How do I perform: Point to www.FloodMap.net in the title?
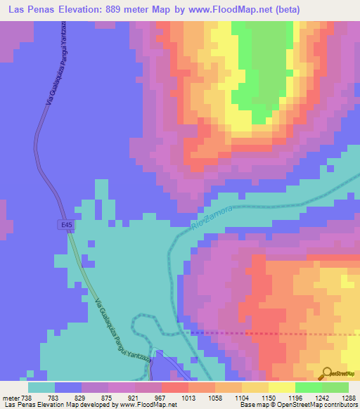pos(221,10)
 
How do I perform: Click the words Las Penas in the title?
pos(30,10)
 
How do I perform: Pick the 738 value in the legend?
pos(25,397)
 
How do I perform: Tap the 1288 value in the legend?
pos(347,397)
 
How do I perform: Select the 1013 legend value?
pos(186,397)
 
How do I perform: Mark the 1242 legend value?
pos(321,397)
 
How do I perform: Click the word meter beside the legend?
pos(9,397)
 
